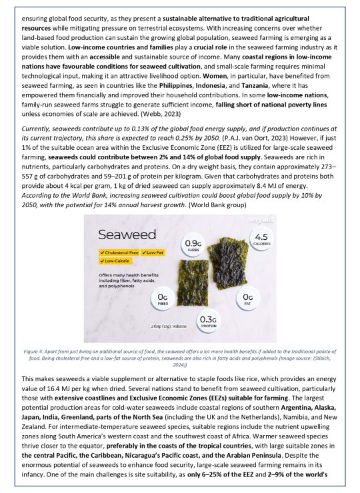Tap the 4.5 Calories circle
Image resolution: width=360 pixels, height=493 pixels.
coord(261,239)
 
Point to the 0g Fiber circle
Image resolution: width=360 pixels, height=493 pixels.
coord(161,299)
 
